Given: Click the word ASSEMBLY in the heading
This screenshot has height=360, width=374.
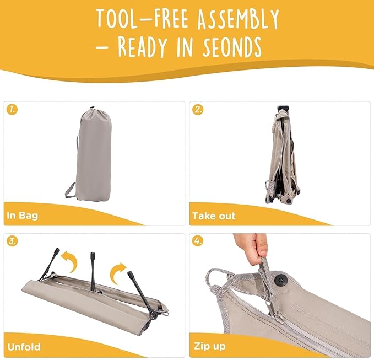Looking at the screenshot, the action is pyautogui.click(x=238, y=19).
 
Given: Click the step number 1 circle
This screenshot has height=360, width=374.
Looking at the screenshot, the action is pyautogui.click(x=12, y=110).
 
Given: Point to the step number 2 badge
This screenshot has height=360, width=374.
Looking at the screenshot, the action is pyautogui.click(x=198, y=110).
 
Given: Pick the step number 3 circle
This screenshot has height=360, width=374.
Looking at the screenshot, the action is pyautogui.click(x=12, y=241).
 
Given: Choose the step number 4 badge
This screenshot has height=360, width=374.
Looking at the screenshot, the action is pyautogui.click(x=198, y=241).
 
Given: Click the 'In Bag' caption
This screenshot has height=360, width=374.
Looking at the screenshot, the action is pyautogui.click(x=23, y=216).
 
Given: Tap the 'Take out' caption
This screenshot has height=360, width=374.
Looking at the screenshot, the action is pyautogui.click(x=214, y=216).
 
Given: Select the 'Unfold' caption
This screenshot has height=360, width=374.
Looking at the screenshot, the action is pyautogui.click(x=24, y=347).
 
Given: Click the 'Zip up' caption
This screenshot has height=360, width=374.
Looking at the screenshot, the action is pyautogui.click(x=210, y=346).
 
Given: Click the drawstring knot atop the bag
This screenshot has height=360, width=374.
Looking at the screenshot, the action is pyautogui.click(x=93, y=108).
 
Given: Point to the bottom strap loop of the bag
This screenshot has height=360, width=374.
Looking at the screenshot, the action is pyautogui.click(x=69, y=190).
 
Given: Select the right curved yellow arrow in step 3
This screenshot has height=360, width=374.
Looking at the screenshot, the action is pyautogui.click(x=117, y=273).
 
